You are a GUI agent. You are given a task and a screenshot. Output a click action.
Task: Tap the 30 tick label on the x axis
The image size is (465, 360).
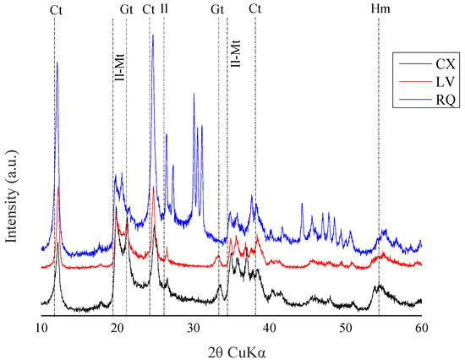194,327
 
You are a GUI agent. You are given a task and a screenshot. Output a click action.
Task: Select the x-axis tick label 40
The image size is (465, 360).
269,327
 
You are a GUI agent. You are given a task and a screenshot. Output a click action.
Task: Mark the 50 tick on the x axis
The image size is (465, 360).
345,327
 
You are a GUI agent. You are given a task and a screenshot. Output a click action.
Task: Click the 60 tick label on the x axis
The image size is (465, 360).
421,327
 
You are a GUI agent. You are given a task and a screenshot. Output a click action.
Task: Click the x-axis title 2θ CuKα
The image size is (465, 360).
231,349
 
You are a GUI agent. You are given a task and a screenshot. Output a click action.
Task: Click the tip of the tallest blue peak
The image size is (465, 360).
152,35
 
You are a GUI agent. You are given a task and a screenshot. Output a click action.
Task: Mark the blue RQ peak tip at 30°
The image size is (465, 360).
194,93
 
